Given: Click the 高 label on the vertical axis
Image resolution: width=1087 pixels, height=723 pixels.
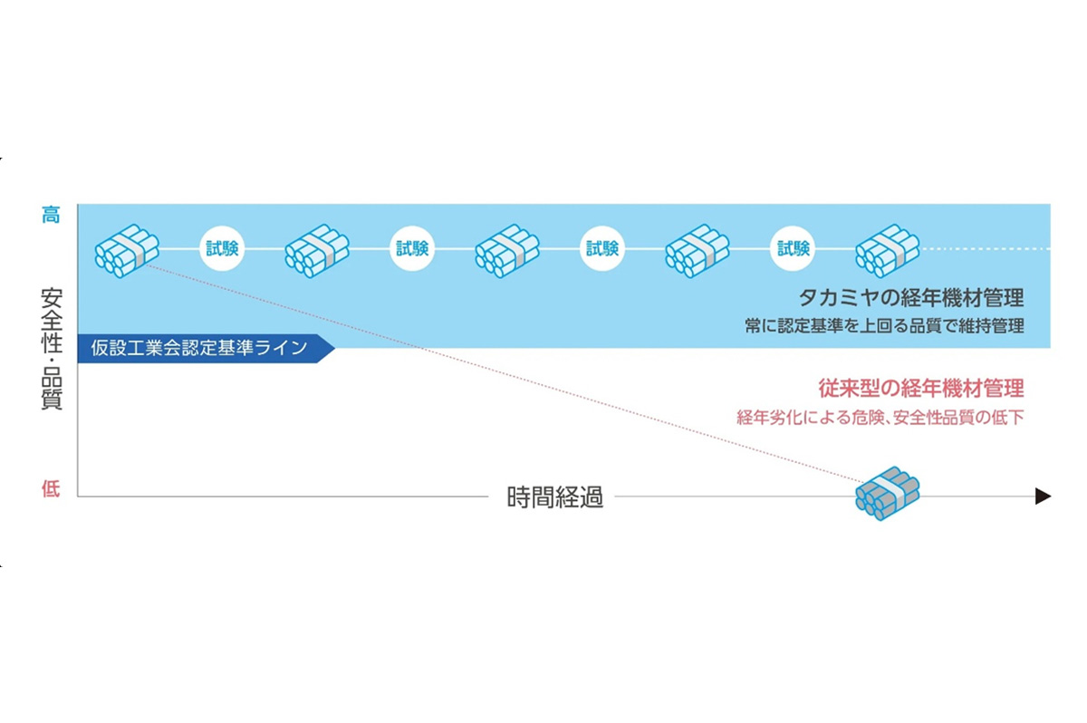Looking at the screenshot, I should click(51, 216).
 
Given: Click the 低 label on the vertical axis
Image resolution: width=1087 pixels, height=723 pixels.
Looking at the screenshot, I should click(51, 490).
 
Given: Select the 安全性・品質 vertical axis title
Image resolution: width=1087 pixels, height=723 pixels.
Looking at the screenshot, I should click(52, 349).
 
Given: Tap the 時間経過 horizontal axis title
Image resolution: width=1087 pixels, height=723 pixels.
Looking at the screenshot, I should click(554, 497).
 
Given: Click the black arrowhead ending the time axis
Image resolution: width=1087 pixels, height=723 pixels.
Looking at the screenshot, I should click(1043, 496).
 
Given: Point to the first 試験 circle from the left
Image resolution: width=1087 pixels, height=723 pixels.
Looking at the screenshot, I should click(222, 248).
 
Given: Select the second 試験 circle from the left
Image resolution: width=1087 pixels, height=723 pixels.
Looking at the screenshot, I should click(412, 248).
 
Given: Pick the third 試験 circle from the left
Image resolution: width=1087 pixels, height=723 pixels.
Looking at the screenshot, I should click(602, 248).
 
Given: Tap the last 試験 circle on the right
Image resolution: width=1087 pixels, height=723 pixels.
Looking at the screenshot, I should click(793, 248).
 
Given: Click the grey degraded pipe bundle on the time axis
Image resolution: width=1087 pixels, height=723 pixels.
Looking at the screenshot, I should click(888, 494).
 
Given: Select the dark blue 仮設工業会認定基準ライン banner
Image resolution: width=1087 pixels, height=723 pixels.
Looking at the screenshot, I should click(204, 348).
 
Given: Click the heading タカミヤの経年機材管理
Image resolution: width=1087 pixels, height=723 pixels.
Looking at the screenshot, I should click(910, 298).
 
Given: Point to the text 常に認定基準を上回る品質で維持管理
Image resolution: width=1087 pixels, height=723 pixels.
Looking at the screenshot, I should click(884, 326).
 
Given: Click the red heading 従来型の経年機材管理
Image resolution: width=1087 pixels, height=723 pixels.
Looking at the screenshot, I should click(921, 390).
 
